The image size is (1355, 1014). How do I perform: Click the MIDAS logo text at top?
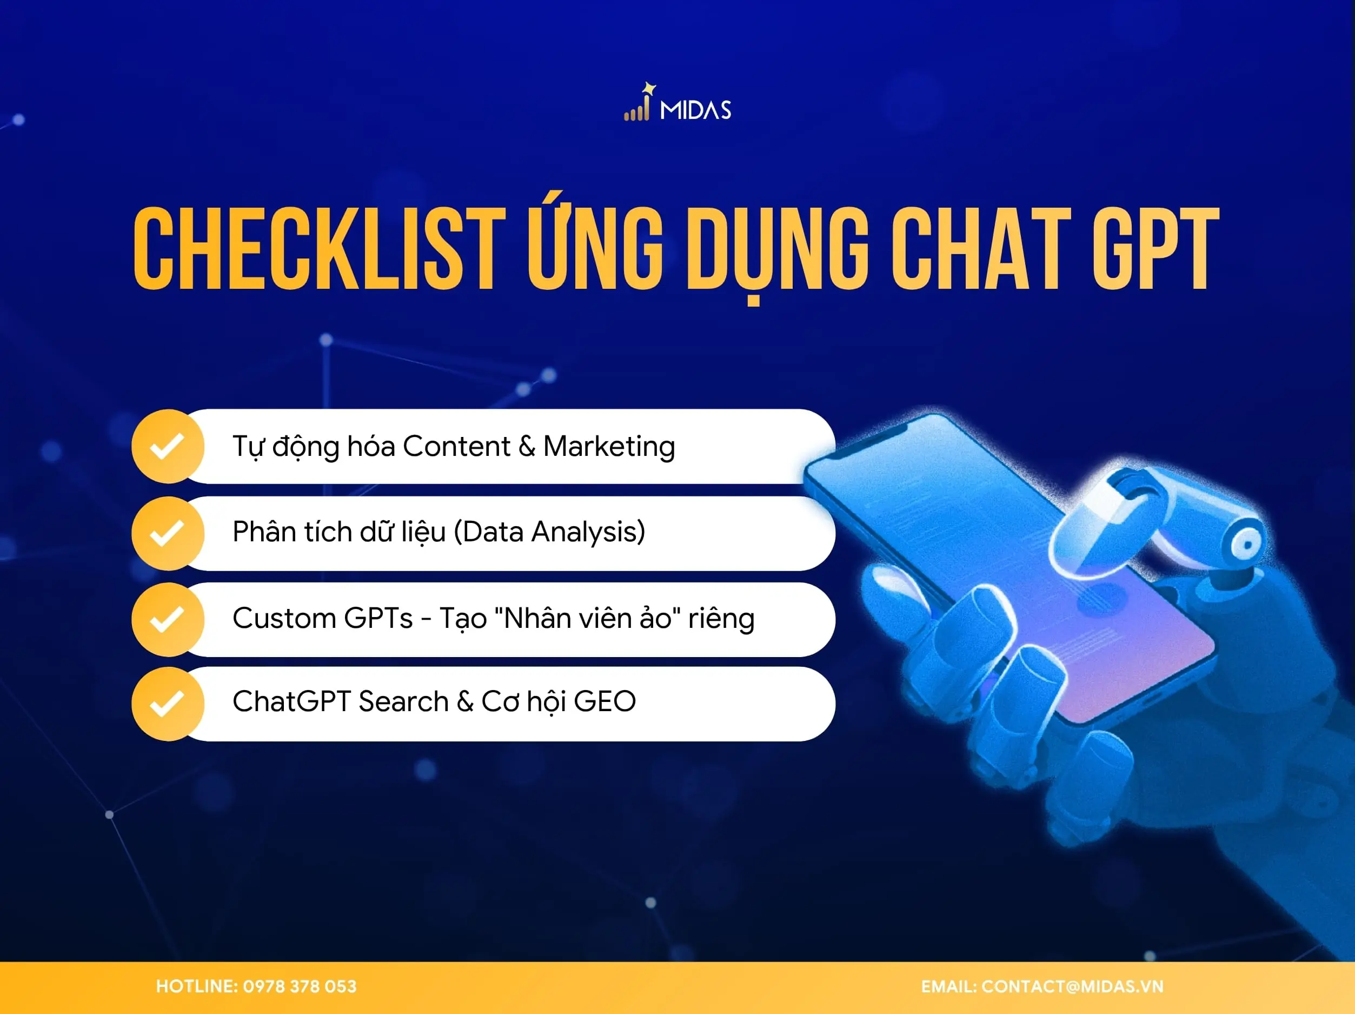[695, 110]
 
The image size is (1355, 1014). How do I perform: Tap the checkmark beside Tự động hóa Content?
[167, 446]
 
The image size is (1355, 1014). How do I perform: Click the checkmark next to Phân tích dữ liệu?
[167, 533]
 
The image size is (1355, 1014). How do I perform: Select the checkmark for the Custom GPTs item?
[167, 619]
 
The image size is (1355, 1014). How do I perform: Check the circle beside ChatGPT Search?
[167, 704]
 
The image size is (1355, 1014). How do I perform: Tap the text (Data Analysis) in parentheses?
[549, 532]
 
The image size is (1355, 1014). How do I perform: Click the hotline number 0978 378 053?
[300, 986]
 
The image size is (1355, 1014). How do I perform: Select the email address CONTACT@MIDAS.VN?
[1072, 986]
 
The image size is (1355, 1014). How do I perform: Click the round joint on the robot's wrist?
[1244, 544]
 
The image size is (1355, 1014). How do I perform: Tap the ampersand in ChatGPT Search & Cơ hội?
[465, 701]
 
